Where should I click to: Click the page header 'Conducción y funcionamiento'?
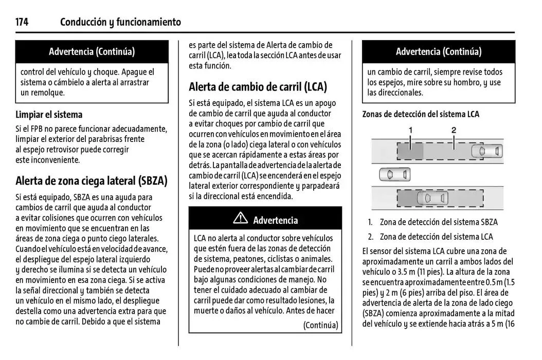tap(120, 22)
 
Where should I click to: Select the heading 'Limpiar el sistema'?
tap(49, 115)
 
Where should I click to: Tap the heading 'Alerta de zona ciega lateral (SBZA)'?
tap(92, 181)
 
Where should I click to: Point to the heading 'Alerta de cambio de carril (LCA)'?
tap(258, 86)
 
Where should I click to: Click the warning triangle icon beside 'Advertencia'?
tap(240, 219)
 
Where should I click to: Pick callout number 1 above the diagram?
tap(410, 131)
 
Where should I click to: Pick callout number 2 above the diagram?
tap(454, 131)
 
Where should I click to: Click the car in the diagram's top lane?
tap(486, 151)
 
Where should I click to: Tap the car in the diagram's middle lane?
tap(395, 175)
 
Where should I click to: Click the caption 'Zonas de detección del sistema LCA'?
tap(421, 114)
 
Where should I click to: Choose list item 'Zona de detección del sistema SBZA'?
tap(439, 222)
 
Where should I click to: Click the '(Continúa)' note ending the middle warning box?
tap(320, 325)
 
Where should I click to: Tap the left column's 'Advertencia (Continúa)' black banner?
tap(92, 51)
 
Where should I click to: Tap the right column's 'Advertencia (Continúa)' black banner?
tap(438, 51)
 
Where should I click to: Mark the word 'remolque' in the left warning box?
tap(47, 93)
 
